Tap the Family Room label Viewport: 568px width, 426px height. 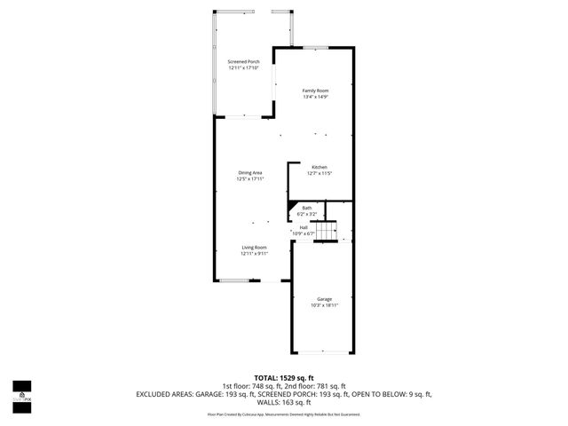[x=315, y=91]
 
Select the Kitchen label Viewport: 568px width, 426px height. [x=320, y=167]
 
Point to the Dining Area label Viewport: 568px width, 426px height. [x=250, y=172]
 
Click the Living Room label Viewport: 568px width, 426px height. [x=254, y=247]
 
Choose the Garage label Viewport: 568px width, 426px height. [x=324, y=299]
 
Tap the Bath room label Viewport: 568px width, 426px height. [x=307, y=208]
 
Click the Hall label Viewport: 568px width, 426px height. [x=304, y=227]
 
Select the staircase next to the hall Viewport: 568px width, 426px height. [x=329, y=231]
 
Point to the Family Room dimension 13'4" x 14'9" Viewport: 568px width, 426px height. [x=315, y=97]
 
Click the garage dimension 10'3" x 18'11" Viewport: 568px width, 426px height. [x=324, y=305]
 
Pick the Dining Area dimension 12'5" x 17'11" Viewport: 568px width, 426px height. [x=250, y=178]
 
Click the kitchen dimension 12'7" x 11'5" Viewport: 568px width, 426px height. [x=320, y=173]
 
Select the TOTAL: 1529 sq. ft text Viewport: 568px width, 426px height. [x=284, y=378]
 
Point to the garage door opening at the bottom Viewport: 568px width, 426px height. [x=323, y=351]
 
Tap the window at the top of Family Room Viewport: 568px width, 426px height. [x=315, y=47]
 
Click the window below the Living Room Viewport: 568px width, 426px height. [x=241, y=280]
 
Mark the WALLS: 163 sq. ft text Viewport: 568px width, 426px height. [x=284, y=401]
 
